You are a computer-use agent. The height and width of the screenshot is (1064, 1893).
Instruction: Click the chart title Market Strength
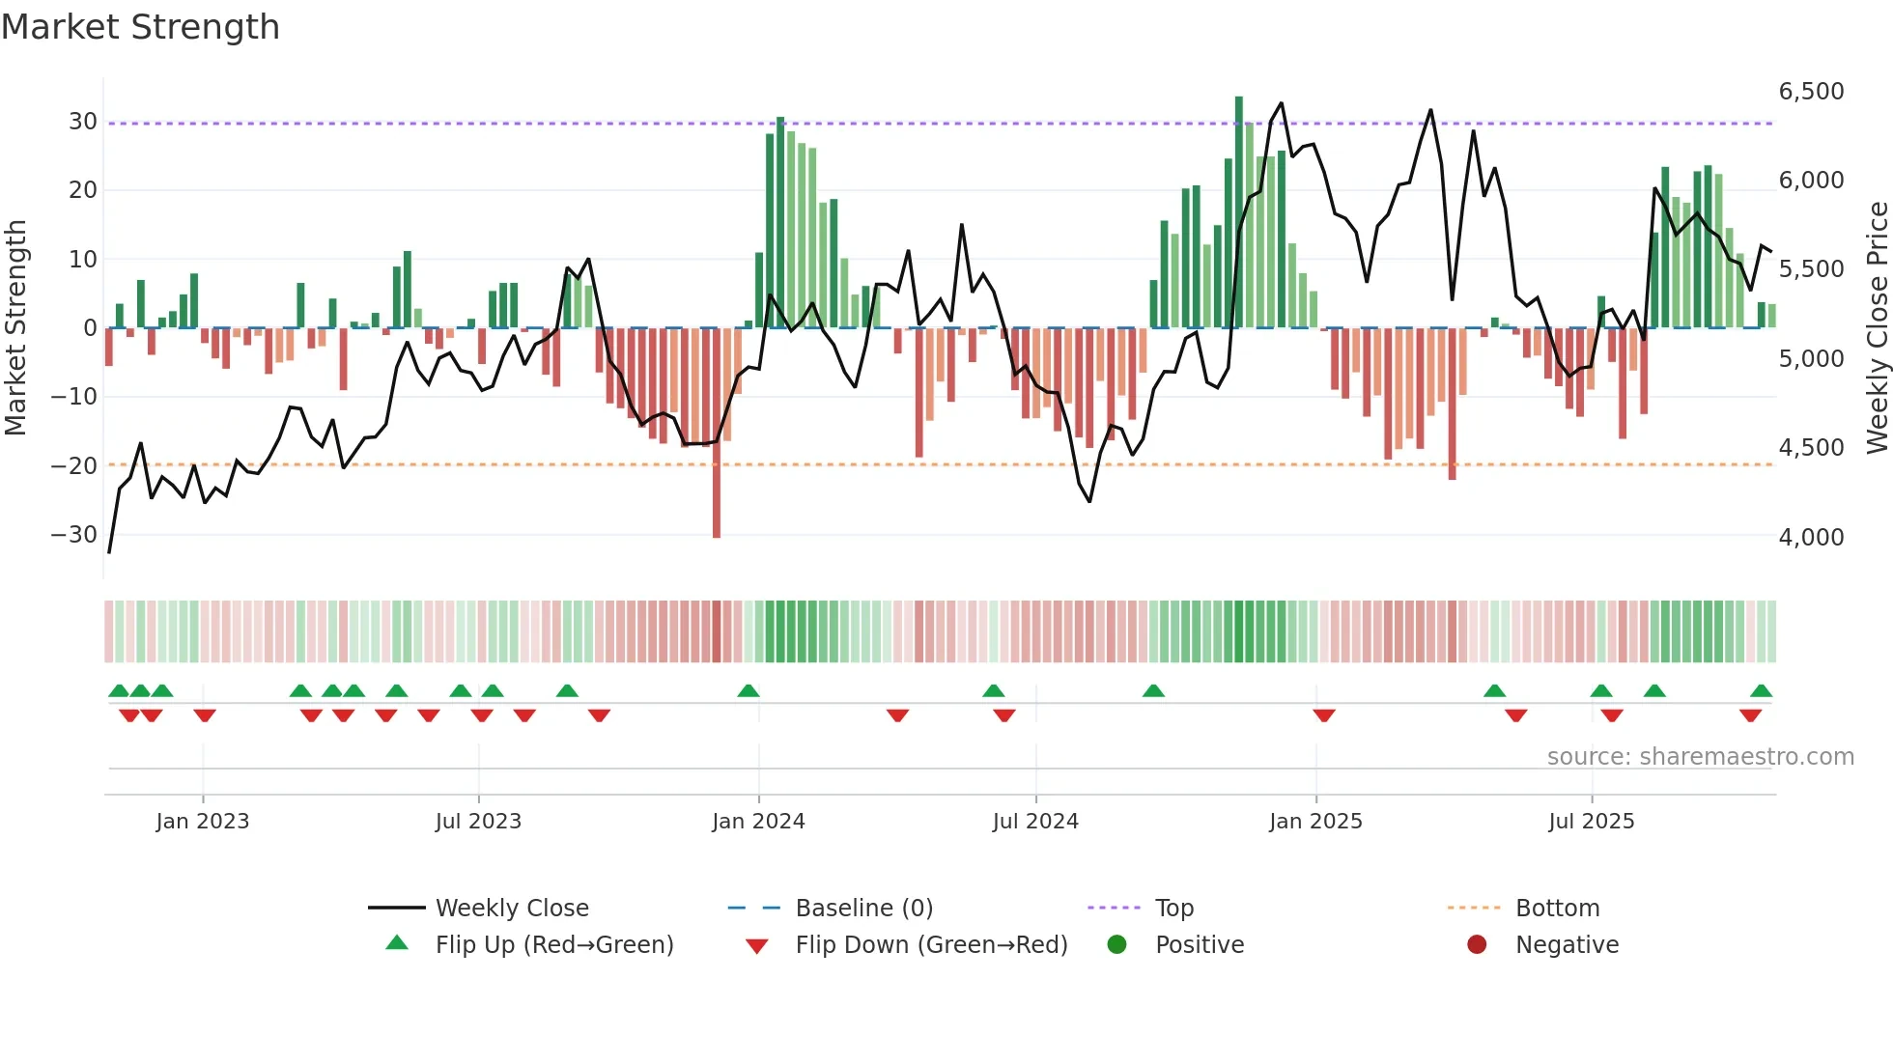click(x=140, y=27)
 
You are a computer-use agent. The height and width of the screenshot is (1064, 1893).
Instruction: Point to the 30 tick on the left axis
click(x=83, y=122)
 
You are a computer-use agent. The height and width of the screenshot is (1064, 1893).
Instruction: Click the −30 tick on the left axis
click(x=74, y=535)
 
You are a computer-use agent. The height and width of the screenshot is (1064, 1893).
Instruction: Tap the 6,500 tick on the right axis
click(x=1811, y=92)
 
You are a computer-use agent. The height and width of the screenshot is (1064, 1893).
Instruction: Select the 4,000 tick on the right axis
click(x=1811, y=538)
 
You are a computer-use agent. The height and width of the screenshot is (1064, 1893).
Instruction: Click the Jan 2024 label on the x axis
click(x=758, y=822)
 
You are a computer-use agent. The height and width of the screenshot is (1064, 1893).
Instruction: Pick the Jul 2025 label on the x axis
click(x=1591, y=822)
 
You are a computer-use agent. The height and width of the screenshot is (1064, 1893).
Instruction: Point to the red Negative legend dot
click(x=1477, y=945)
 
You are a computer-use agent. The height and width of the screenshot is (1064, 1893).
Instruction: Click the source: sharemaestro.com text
click(x=1700, y=757)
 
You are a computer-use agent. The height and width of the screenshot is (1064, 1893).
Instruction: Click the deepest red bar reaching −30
click(x=717, y=434)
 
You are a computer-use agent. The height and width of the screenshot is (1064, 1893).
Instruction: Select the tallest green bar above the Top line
click(x=1239, y=212)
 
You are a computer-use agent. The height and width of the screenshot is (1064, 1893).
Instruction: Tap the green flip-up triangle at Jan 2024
click(x=749, y=690)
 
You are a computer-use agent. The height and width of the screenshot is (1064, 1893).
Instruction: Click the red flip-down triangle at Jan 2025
click(x=1324, y=715)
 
